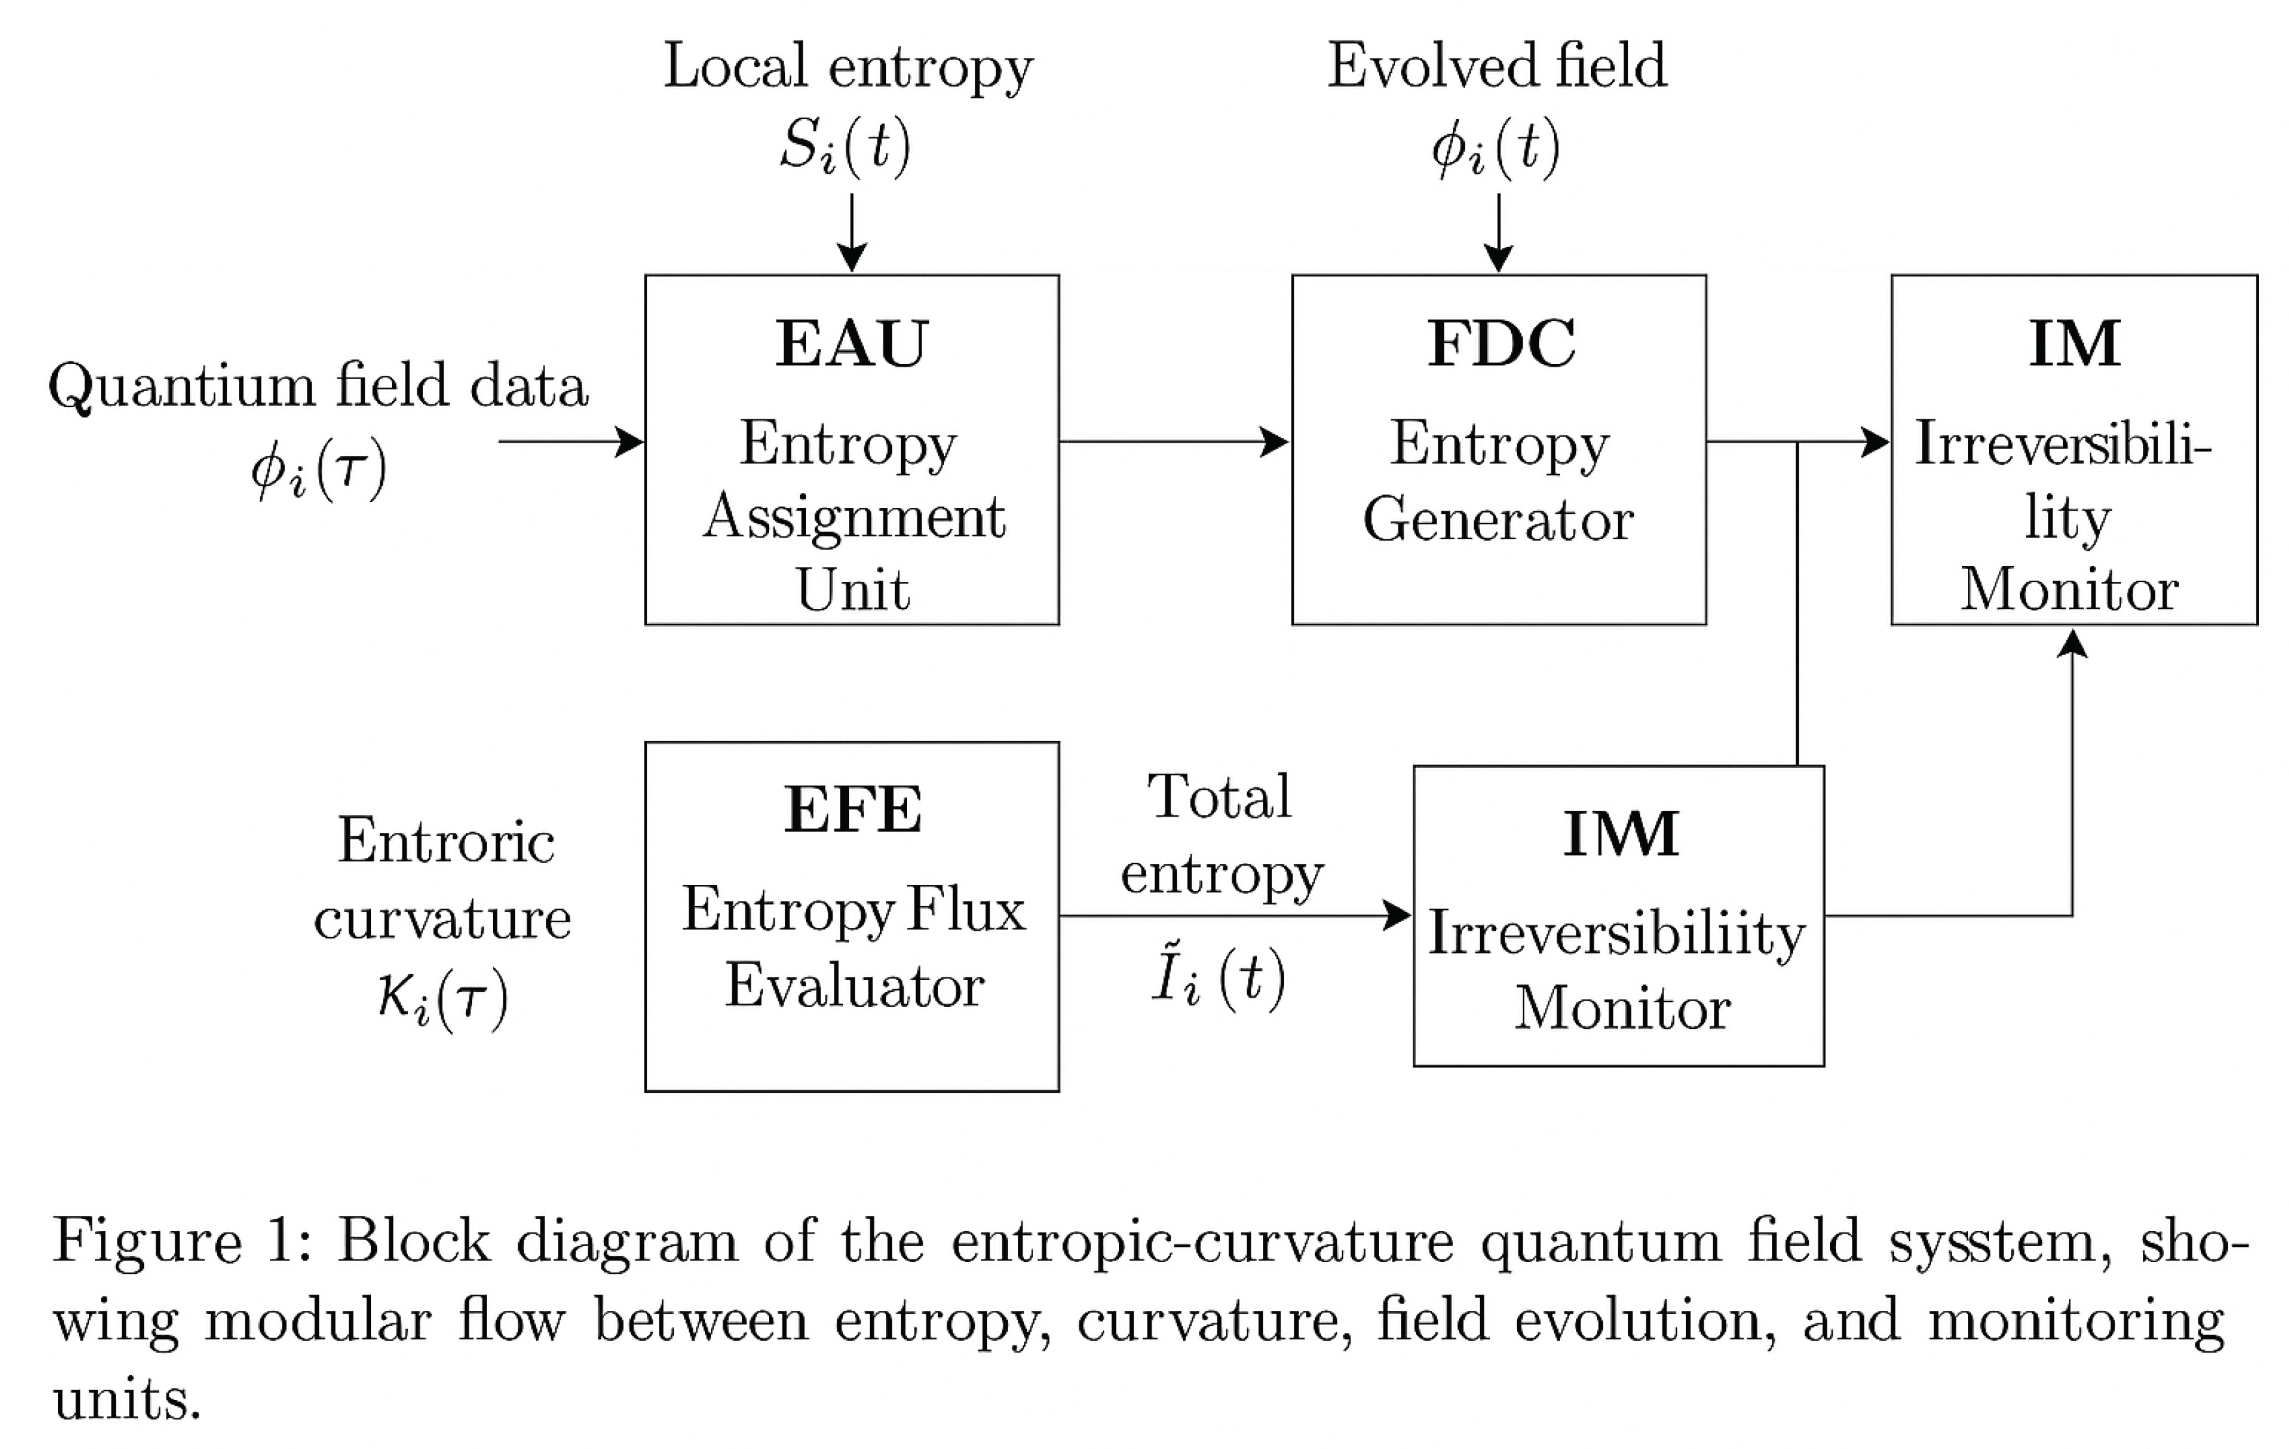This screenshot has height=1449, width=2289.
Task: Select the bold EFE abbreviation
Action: click(x=853, y=810)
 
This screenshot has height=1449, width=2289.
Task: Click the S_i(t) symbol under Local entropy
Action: click(x=845, y=147)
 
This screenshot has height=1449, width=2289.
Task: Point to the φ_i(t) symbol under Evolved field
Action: click(x=1496, y=147)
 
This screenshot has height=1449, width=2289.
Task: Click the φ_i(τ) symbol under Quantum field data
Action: click(x=318, y=469)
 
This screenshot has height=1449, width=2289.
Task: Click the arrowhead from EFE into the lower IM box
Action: click(x=1397, y=916)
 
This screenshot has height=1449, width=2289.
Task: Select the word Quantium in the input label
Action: click(x=180, y=386)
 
